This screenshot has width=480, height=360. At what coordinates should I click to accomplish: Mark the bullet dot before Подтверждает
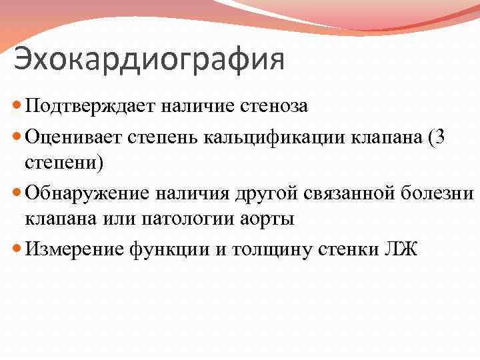17,105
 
